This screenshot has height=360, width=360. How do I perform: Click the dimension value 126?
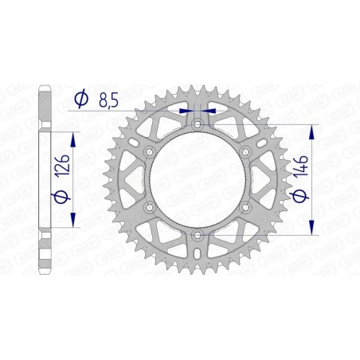coord(67,169)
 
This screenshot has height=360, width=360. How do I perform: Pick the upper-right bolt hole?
coord(245,152)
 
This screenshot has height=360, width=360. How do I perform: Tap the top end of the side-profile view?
coord(47,83)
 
